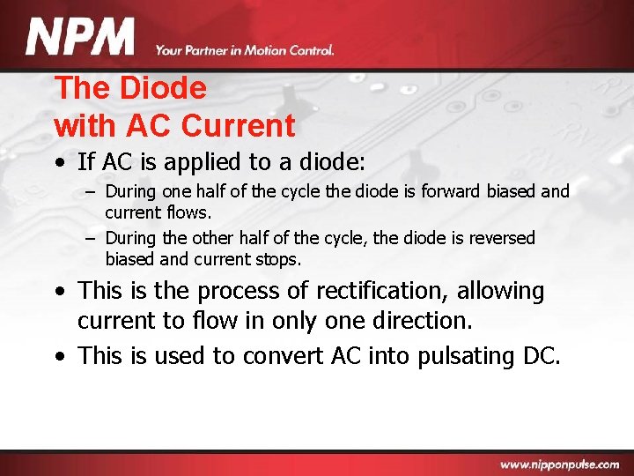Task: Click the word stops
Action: (x=280, y=260)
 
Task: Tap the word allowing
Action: (x=501, y=291)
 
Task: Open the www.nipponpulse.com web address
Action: (x=561, y=464)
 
